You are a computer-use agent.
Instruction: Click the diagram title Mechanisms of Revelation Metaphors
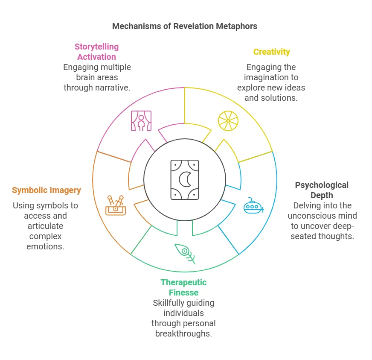185,26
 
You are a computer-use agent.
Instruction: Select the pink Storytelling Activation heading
96,52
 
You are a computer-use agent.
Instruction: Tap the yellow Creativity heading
272,52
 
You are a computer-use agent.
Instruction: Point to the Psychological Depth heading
322,190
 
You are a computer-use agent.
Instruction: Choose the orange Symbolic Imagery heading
46,190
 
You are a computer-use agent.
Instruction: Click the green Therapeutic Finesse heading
183,287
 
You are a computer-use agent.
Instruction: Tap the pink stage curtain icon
141,121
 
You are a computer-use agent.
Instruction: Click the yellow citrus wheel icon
228,121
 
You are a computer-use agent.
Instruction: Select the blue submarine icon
253,206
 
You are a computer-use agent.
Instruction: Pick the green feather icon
185,254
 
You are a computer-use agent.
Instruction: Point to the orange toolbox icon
116,205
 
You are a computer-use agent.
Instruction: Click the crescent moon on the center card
185,179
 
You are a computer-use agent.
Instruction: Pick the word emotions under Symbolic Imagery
45,246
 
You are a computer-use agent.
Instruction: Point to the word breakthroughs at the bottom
183,334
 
